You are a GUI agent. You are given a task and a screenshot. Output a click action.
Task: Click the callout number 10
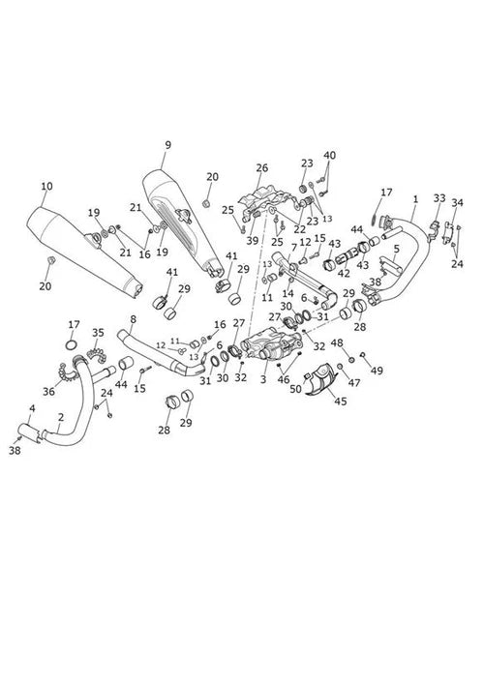(x=46, y=187)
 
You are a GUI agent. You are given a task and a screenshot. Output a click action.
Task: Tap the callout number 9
(x=168, y=145)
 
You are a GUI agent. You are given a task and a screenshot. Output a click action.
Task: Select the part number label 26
(x=262, y=168)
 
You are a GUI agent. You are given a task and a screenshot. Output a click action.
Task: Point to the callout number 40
(x=329, y=156)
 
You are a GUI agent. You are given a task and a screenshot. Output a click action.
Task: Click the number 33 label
(x=439, y=198)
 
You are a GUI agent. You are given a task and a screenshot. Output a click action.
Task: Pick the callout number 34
(x=457, y=203)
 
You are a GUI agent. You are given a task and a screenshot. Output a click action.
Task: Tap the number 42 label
(x=344, y=275)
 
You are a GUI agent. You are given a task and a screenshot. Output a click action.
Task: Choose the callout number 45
(x=341, y=401)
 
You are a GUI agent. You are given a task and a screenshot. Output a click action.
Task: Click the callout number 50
(x=295, y=389)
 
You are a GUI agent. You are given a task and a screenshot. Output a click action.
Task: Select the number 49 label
(x=377, y=371)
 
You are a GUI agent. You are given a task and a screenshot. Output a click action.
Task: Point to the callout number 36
(x=48, y=391)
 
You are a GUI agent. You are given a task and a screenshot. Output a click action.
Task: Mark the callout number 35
(x=98, y=333)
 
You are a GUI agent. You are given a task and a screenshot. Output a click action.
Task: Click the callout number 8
(x=134, y=319)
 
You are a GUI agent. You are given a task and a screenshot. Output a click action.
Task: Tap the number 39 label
(x=253, y=240)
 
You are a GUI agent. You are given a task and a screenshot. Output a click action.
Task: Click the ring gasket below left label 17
(x=72, y=345)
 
